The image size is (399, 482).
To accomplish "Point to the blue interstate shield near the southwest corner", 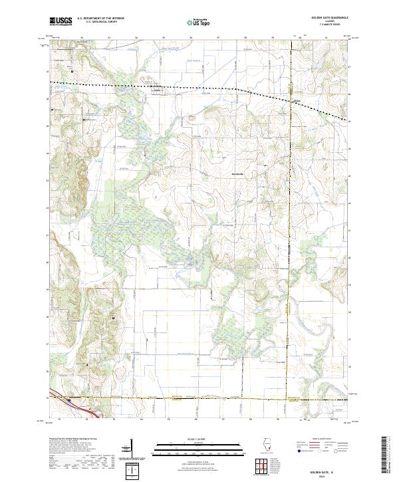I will pos(68,400).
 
